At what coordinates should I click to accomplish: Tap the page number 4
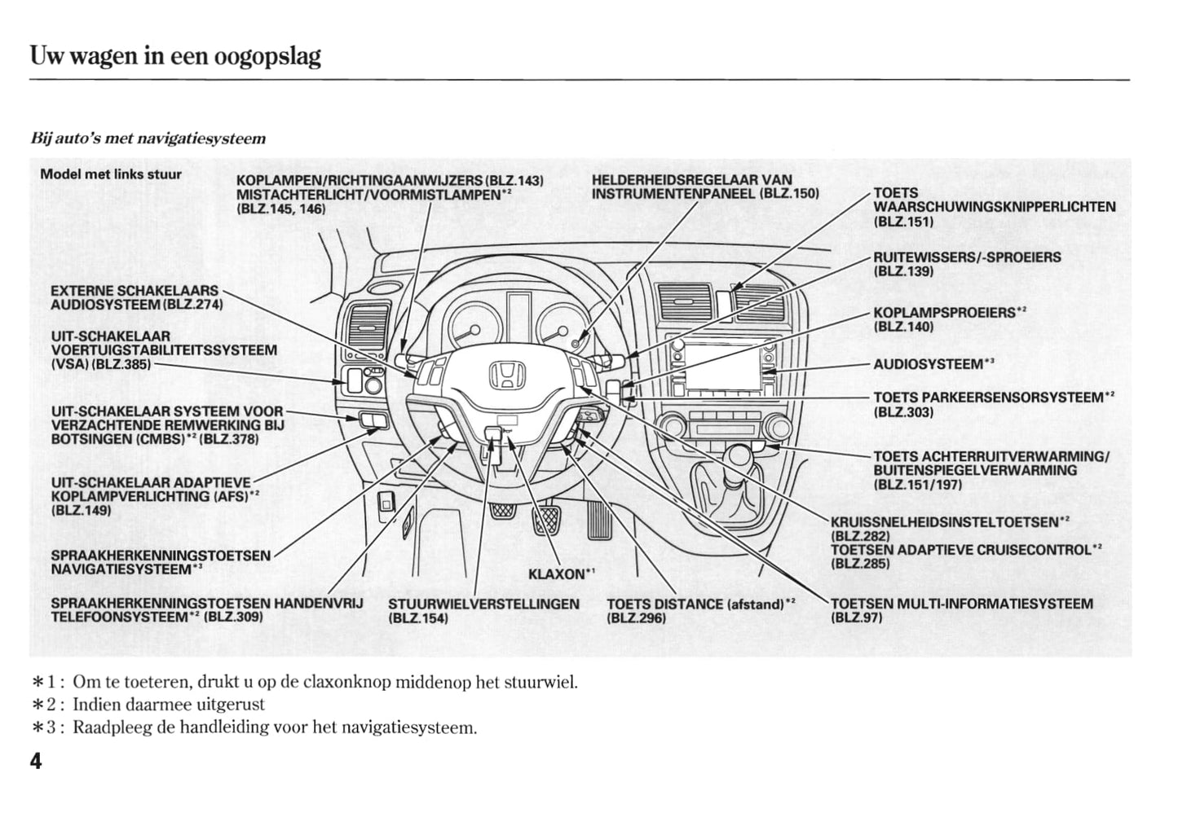36,762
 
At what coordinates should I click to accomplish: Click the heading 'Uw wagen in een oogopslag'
175,56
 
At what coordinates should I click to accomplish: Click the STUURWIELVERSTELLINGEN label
483,604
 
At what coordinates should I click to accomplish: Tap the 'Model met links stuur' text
111,174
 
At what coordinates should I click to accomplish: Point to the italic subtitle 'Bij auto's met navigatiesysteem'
148,138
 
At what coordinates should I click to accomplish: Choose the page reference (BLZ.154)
417,618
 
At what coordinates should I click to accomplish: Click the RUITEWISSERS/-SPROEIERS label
967,257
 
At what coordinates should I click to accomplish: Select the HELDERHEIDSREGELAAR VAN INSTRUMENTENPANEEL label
704,187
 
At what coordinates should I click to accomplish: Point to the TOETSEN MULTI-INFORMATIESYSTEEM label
962,604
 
